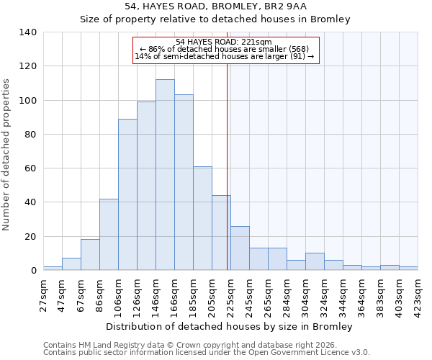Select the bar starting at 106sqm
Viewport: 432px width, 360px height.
[127, 194]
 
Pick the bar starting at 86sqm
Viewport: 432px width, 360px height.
[109, 235]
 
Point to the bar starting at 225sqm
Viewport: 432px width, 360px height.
[240, 248]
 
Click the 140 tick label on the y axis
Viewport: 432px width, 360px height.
[28, 32]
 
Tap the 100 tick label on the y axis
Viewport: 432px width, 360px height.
[28, 100]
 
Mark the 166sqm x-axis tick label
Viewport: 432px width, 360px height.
[175, 294]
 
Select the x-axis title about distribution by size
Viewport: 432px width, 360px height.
[234, 326]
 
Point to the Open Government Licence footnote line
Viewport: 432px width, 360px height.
[207, 352]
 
